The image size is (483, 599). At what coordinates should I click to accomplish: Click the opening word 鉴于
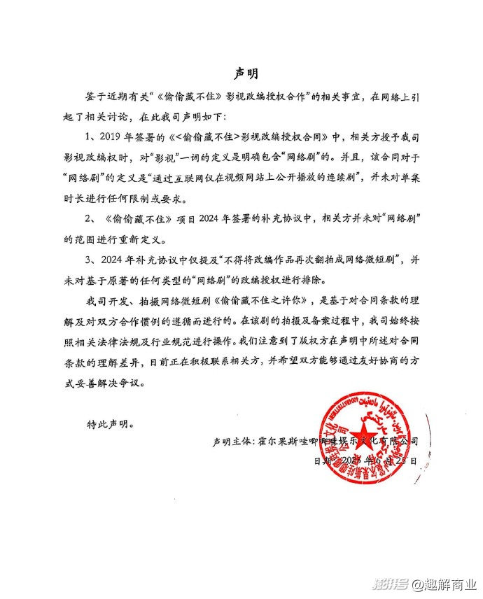94,97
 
